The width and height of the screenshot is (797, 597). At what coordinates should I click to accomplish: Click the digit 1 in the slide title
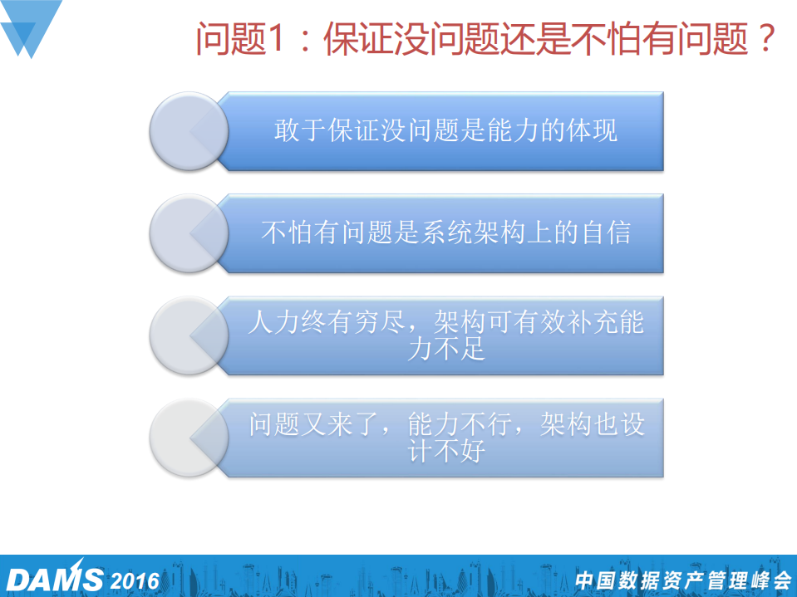tap(274, 39)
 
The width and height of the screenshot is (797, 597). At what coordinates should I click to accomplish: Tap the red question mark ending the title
tap(766, 39)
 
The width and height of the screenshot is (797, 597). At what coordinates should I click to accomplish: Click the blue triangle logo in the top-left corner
tap(29, 27)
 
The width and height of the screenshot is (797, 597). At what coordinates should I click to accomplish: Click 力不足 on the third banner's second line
tap(445, 350)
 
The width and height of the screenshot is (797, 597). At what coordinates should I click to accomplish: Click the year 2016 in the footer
tap(134, 580)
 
